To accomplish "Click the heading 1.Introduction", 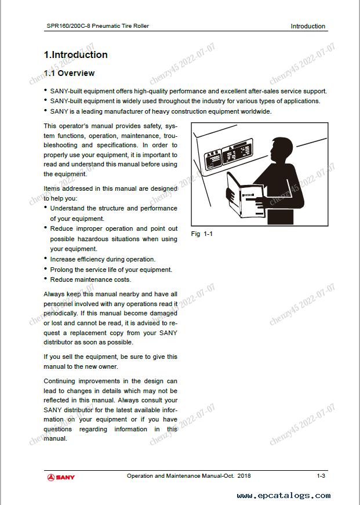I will click(76, 55).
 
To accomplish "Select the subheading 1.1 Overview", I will click(69, 74).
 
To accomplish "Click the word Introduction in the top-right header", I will click(308, 26).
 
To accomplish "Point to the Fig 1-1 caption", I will click(203, 234).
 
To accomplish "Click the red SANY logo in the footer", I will click(61, 477).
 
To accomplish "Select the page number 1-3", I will click(321, 476).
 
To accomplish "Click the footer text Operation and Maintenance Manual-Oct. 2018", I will click(189, 476).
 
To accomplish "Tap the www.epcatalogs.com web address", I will click(283, 496).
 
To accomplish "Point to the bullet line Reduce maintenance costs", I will click(90, 280).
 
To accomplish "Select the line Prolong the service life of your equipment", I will click(111, 270).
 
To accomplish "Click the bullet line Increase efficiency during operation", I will click(103, 259).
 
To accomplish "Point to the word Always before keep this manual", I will click(54, 294).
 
